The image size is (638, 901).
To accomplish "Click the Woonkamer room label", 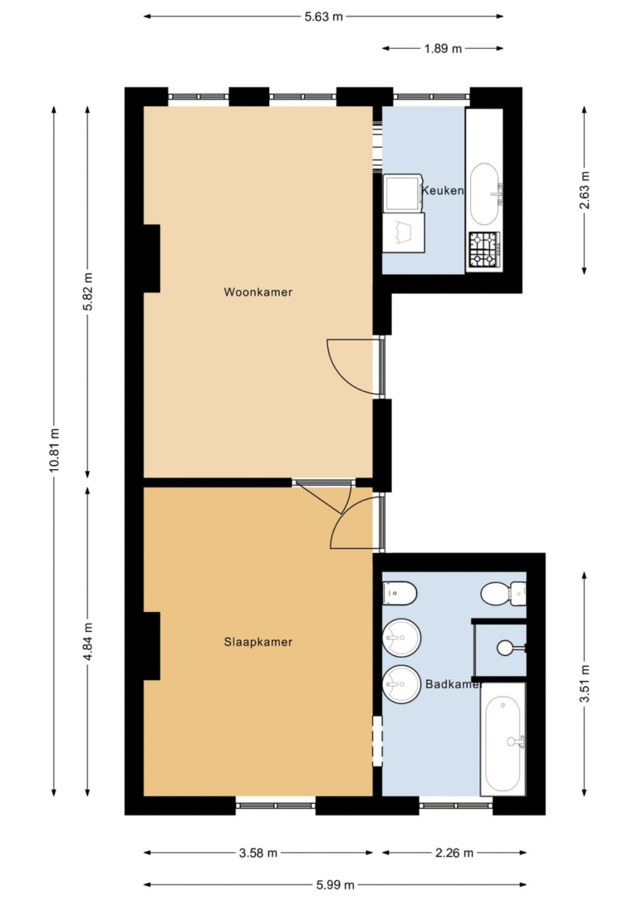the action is [x=258, y=292].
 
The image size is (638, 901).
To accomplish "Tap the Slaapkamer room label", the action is [x=258, y=642].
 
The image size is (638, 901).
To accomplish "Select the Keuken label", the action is [x=443, y=190].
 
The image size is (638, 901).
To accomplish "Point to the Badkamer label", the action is [x=453, y=684].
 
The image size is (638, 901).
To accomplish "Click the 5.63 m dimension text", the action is [x=324, y=17].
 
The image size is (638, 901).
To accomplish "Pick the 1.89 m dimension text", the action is [x=443, y=49].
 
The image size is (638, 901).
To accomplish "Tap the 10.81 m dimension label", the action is [x=55, y=450].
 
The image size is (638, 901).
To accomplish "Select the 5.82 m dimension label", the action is [x=88, y=291].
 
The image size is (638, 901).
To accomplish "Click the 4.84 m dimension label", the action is [x=88, y=642].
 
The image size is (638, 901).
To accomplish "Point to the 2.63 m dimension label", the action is [x=585, y=190].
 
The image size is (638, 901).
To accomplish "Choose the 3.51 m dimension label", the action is [x=585, y=683].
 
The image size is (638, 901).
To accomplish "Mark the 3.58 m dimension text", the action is [x=258, y=853].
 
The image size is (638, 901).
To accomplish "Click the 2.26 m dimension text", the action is [x=454, y=853].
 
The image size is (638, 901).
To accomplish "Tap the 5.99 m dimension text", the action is [x=335, y=885].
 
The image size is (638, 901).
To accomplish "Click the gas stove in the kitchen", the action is [x=484, y=250].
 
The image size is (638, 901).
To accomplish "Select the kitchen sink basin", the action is [x=484, y=194].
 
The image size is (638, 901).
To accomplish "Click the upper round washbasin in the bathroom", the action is [x=401, y=638].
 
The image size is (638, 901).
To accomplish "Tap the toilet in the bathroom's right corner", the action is [x=503, y=594].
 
